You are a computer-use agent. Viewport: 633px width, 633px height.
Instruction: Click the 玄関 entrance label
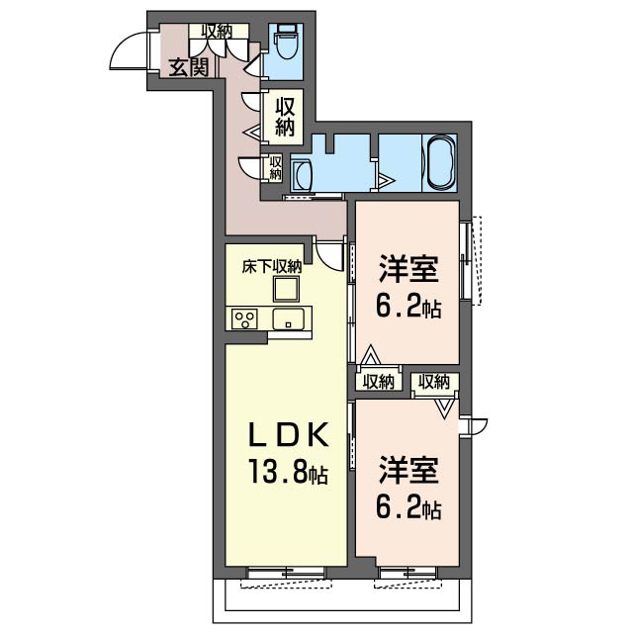click(189, 67)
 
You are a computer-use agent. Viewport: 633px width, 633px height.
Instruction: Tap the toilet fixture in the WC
click(287, 41)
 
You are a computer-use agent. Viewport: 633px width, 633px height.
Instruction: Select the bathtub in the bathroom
click(440, 162)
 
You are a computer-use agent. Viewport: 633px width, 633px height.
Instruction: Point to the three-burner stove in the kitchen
click(244, 319)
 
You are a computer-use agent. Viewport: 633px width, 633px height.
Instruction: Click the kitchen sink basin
click(288, 318)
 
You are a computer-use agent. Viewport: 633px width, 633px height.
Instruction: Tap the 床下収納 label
click(272, 267)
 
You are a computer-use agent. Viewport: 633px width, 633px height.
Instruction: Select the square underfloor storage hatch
click(287, 289)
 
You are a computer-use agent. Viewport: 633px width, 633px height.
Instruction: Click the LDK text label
click(288, 436)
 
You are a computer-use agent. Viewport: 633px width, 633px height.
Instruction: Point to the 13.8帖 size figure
click(288, 472)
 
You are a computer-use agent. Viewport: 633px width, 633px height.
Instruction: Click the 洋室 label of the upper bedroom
click(408, 269)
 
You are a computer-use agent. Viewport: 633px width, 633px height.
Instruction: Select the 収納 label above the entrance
click(218, 31)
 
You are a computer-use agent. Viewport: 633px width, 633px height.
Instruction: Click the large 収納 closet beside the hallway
click(285, 117)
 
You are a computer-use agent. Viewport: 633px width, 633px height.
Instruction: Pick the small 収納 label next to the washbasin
click(275, 168)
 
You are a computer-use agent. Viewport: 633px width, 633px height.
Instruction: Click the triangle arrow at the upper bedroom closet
click(370, 355)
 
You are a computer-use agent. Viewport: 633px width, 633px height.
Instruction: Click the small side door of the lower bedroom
click(477, 426)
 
